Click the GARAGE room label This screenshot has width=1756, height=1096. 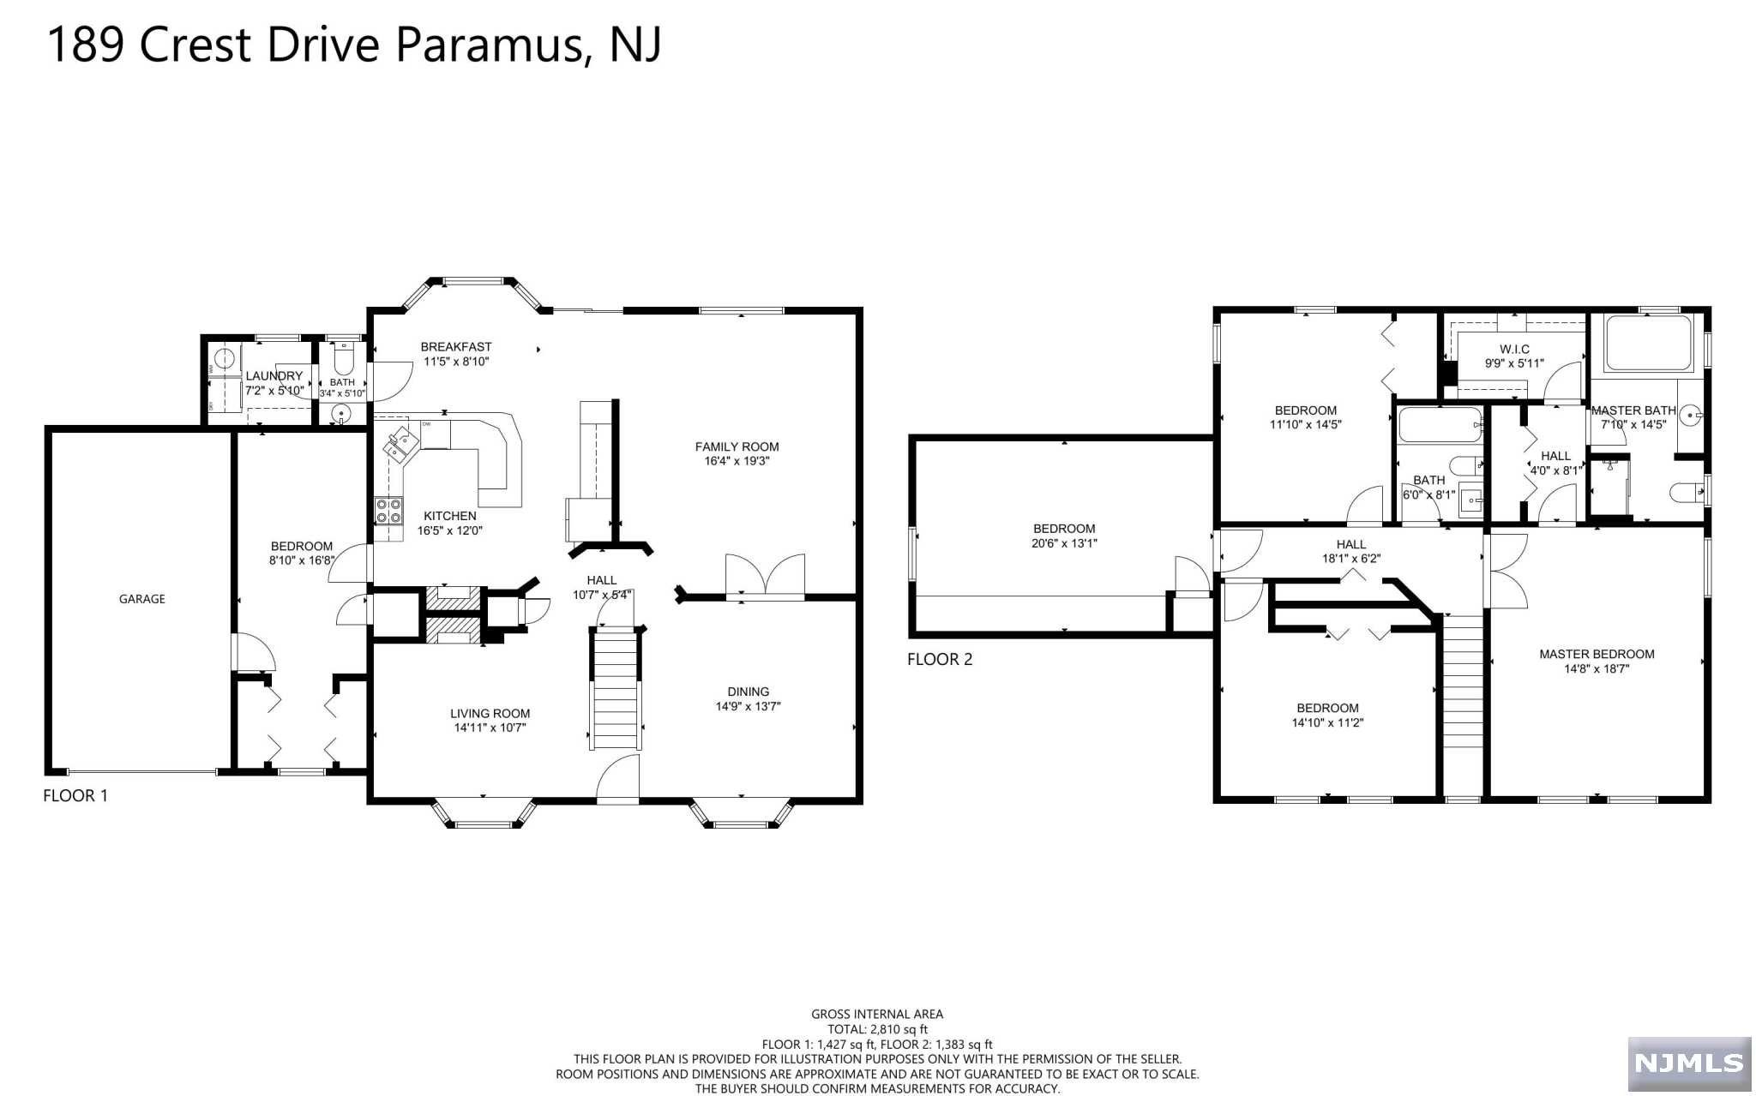click(142, 599)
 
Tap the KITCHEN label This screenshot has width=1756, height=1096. click(450, 516)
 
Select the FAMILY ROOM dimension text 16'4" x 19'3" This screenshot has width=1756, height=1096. click(737, 461)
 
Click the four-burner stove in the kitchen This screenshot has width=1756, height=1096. click(388, 512)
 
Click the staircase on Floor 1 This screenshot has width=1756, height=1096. click(616, 688)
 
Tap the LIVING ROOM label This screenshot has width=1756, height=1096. click(490, 713)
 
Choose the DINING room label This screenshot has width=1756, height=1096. click(749, 692)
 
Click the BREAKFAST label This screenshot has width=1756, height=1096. click(456, 347)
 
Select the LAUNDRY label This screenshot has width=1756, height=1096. click(274, 376)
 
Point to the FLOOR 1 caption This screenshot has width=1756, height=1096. click(75, 795)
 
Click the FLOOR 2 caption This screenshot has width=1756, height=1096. click(940, 659)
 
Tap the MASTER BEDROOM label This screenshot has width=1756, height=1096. click(1597, 654)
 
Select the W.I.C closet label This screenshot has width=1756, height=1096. click(1514, 350)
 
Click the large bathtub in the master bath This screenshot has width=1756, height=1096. click(1648, 344)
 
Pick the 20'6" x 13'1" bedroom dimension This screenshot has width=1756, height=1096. click(1064, 543)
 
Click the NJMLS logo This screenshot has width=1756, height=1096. click(1689, 1063)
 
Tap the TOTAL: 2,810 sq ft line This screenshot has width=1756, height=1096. click(877, 1029)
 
